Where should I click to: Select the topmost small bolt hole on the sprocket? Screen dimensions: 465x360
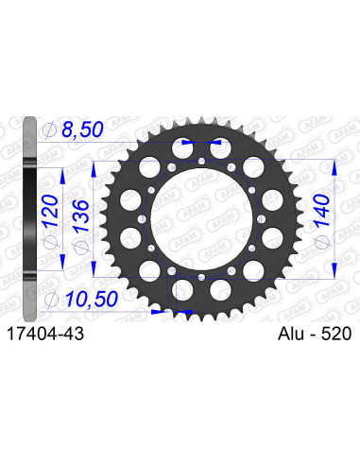click(202, 162)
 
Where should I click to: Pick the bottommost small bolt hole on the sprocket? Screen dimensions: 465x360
click(202, 273)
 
